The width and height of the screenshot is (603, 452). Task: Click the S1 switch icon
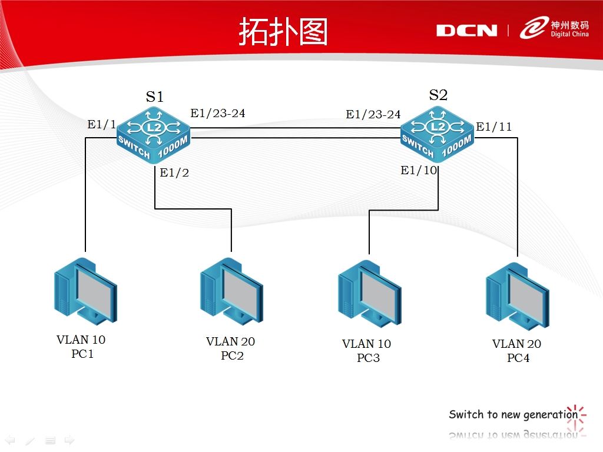tap(154, 135)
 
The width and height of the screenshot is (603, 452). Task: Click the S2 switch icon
tap(438, 135)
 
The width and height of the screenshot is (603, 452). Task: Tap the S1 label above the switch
tap(155, 97)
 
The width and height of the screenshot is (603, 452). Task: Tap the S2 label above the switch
tap(438, 95)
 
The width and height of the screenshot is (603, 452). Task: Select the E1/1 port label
tap(101, 124)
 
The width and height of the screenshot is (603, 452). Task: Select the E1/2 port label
tap(174, 172)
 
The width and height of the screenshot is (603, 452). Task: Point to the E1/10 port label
tap(419, 170)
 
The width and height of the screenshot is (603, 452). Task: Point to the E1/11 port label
tap(494, 127)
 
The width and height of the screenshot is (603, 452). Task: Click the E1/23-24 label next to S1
tap(218, 113)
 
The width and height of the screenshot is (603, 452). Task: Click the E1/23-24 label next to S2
tap(373, 114)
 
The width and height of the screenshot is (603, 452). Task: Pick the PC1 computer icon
tap(85, 291)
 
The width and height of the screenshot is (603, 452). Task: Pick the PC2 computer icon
tap(231, 291)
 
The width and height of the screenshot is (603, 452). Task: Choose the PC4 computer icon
tap(518, 296)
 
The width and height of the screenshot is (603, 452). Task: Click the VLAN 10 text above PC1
tap(81, 340)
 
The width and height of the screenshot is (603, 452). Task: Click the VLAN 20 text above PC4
tap(516, 344)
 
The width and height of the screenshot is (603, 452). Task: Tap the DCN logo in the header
tap(466, 31)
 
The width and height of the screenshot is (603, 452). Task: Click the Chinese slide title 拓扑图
tap(283, 32)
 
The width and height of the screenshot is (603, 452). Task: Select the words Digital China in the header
tap(569, 34)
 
